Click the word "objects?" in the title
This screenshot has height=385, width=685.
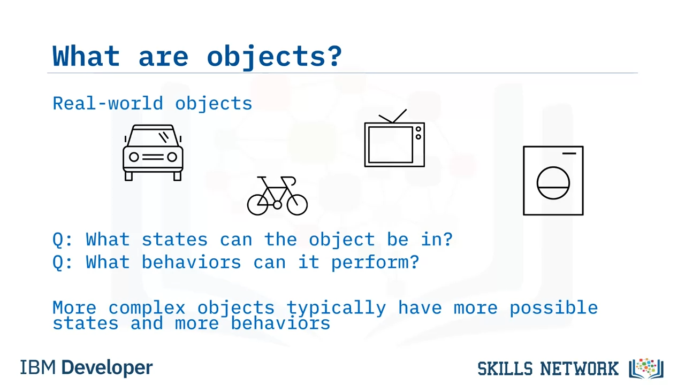coord(275,57)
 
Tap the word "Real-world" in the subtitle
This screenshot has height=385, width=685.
coord(108,103)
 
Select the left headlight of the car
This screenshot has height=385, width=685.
coord(134,157)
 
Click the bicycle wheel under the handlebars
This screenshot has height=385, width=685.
coord(297,205)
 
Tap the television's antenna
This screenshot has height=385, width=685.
coord(393,116)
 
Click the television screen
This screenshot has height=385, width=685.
coord(391,145)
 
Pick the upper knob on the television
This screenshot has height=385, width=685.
coord(418,129)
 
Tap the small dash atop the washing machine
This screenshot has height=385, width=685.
coord(569,153)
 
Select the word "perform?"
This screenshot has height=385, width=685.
coord(375,263)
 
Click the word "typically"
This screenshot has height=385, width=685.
coord(337,308)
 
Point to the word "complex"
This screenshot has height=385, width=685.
coord(147,307)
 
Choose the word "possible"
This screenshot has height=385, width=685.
coord(553,307)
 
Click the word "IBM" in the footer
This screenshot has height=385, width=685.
coord(38,367)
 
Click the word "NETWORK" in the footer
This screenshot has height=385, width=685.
coord(580,368)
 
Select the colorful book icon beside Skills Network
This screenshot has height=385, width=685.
coord(646,368)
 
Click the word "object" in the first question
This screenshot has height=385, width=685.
coord(341,240)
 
